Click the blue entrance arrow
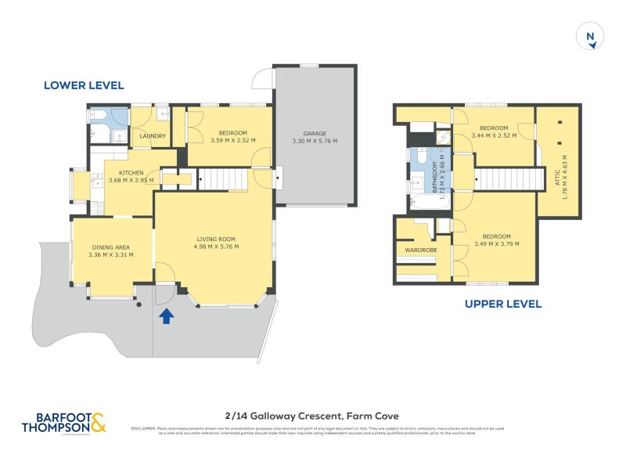click(x=166, y=315)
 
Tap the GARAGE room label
click(x=315, y=134)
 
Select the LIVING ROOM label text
click(x=215, y=239)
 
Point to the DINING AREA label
click(x=110, y=246)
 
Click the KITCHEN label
click(x=130, y=173)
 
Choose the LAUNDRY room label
click(x=153, y=136)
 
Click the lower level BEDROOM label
click(x=233, y=132)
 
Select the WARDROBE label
click(x=419, y=250)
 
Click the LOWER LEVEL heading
click(x=83, y=85)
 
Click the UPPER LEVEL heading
click(x=503, y=304)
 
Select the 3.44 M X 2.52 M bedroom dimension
click(x=494, y=136)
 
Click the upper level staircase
click(x=509, y=179)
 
